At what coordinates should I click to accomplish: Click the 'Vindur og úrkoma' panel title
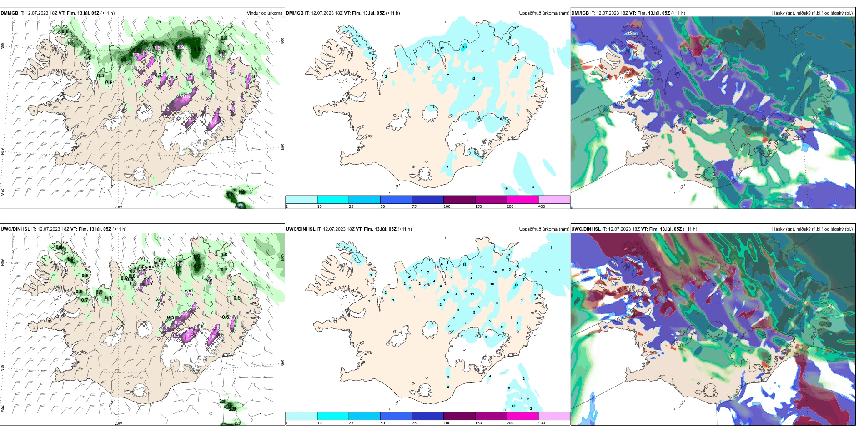(x=264, y=13)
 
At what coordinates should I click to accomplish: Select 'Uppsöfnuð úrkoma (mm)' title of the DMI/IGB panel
(x=544, y=13)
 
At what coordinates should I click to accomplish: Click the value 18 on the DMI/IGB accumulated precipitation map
(x=464, y=47)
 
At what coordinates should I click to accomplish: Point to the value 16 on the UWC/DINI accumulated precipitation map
(x=516, y=286)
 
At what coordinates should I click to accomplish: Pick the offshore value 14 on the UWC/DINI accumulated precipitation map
(x=514, y=406)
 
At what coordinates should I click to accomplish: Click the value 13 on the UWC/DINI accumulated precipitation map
(x=465, y=264)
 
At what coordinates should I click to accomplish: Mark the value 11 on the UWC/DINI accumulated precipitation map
(x=472, y=294)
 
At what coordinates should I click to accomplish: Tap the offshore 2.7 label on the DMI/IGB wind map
(x=230, y=195)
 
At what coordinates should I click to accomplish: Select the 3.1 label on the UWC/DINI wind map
(x=222, y=401)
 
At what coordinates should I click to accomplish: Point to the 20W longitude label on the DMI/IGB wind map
(x=118, y=207)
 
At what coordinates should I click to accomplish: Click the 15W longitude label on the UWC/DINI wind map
(x=238, y=423)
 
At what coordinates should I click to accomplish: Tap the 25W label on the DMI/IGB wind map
(x=2, y=192)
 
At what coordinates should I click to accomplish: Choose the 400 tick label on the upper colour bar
(x=542, y=206)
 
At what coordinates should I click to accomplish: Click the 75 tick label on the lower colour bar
(x=414, y=423)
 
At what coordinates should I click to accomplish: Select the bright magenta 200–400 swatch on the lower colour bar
(x=522, y=416)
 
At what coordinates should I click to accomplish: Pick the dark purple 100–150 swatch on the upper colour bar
(x=459, y=200)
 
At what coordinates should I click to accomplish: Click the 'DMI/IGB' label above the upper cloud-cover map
(x=580, y=13)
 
